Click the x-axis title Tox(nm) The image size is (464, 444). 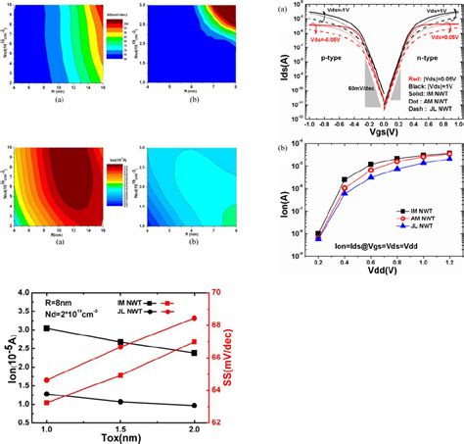tap(120, 436)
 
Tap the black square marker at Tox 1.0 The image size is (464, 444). tap(46, 328)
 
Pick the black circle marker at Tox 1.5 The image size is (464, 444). tap(120, 402)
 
